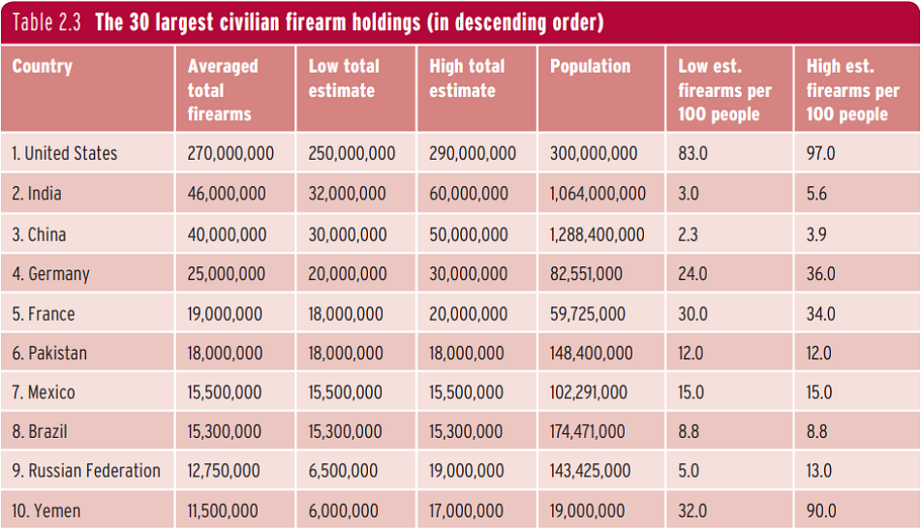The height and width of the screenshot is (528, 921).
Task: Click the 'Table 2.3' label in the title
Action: click(x=46, y=22)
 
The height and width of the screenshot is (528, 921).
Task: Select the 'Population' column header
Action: click(x=590, y=67)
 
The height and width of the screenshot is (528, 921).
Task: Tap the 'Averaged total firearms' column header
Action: click(x=223, y=90)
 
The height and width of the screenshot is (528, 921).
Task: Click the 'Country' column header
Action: click(x=42, y=66)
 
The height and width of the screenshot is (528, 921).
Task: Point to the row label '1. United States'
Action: click(x=65, y=153)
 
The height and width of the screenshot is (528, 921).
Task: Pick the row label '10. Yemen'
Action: click(x=46, y=511)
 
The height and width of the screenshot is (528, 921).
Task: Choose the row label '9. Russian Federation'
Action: click(x=86, y=471)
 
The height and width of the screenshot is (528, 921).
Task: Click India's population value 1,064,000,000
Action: click(x=598, y=193)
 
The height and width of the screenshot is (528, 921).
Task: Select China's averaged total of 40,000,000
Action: click(x=227, y=234)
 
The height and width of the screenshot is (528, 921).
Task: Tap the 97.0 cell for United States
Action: click(x=820, y=153)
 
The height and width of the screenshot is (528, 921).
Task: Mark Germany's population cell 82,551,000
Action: click(x=586, y=274)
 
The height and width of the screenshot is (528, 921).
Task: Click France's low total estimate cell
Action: click(x=346, y=314)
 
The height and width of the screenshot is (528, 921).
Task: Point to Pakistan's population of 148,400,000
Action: click(x=591, y=353)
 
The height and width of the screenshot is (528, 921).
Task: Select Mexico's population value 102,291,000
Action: click(x=588, y=392)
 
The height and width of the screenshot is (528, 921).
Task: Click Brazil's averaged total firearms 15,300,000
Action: click(x=224, y=432)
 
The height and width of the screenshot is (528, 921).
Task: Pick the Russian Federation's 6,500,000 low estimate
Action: click(x=343, y=471)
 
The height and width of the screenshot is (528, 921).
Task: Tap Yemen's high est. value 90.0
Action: click(x=820, y=511)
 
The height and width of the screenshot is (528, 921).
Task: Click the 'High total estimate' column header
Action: click(x=467, y=78)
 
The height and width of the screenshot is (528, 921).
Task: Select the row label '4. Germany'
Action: click(x=50, y=274)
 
